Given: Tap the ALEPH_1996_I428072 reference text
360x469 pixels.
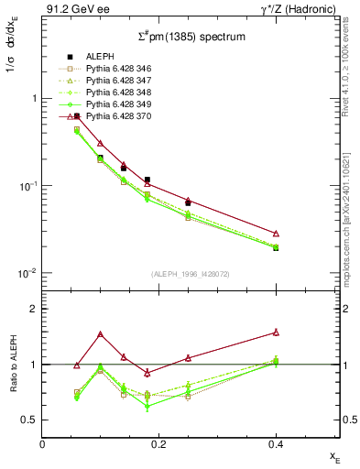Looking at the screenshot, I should tap(191, 275).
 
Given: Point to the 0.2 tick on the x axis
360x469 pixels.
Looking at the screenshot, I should tap(158, 445).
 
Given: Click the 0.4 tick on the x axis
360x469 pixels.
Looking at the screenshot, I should tap(275, 445).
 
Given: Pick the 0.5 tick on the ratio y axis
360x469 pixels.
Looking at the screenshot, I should tap(32, 420).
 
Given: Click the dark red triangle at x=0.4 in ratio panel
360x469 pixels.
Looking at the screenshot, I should tap(276, 333).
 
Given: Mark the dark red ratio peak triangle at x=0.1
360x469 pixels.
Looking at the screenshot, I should tap(100, 334).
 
